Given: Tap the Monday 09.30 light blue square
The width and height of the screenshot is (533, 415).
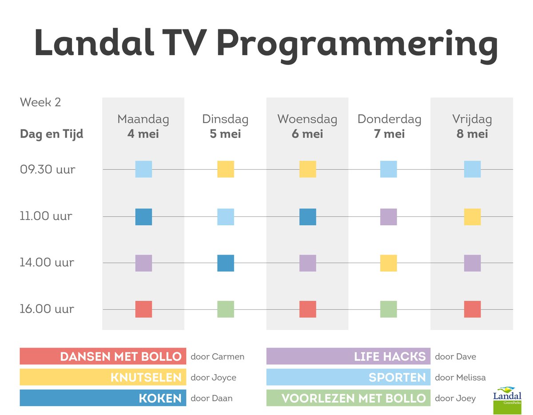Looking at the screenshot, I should (143, 169).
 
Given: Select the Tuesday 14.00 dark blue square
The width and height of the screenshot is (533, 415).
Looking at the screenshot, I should (226, 263).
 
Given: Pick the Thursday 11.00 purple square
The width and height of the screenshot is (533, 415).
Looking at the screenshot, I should (389, 217).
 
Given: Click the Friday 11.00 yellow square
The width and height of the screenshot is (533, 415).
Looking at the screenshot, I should (472, 217).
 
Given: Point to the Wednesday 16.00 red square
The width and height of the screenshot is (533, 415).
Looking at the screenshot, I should (308, 309).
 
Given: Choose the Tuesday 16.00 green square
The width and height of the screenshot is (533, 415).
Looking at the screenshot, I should (226, 309).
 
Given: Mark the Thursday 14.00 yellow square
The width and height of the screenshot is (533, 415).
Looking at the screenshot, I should (389, 263).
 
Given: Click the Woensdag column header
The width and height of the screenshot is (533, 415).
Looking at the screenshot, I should (307, 119).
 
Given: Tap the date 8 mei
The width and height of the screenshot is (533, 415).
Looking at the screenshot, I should (472, 134).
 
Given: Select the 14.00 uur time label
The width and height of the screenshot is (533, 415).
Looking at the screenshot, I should (47, 263).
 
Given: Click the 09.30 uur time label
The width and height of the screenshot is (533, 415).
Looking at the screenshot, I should (48, 169).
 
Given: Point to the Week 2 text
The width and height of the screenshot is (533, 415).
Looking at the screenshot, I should (40, 102).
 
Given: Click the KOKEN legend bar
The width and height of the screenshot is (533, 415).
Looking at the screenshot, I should (103, 398).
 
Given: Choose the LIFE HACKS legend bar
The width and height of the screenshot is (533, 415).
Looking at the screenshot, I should (348, 356).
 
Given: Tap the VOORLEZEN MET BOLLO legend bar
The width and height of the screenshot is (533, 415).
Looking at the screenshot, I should (348, 398).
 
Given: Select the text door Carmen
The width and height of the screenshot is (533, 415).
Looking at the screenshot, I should (218, 356).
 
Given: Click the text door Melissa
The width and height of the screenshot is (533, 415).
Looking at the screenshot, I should (460, 377).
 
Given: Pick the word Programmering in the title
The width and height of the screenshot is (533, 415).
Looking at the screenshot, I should (358, 43).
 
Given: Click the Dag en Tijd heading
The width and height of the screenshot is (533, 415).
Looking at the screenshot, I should (52, 134).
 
